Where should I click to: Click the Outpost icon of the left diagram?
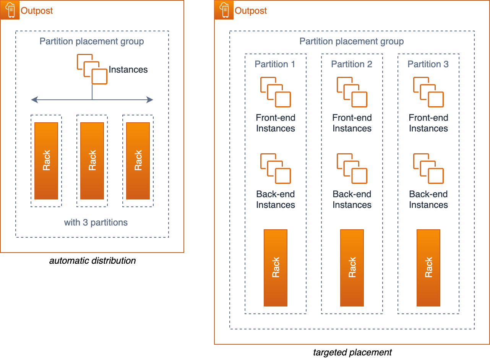pos(10,10)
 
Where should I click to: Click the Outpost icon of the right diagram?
pos(224,10)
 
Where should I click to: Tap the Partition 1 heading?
pos(275,64)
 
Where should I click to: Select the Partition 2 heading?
pos(352,64)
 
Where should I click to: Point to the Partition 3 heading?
pos(428,64)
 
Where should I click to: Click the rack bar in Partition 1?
pos(276,268)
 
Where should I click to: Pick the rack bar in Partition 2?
pos(352,268)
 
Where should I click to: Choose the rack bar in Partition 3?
pos(428,268)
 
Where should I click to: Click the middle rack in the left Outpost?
pos(92,161)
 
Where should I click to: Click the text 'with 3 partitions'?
pos(96,222)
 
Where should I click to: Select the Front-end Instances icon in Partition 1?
pos(276,92)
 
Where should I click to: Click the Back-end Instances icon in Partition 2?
pos(352,169)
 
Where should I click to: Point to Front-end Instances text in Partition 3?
pos(428,123)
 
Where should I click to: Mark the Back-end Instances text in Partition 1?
pos(276,199)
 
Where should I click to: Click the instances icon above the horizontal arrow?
pos(92,69)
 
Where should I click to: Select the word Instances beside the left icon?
pos(128,70)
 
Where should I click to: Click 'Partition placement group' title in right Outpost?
pos(352,41)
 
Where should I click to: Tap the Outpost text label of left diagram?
pos(37,11)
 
